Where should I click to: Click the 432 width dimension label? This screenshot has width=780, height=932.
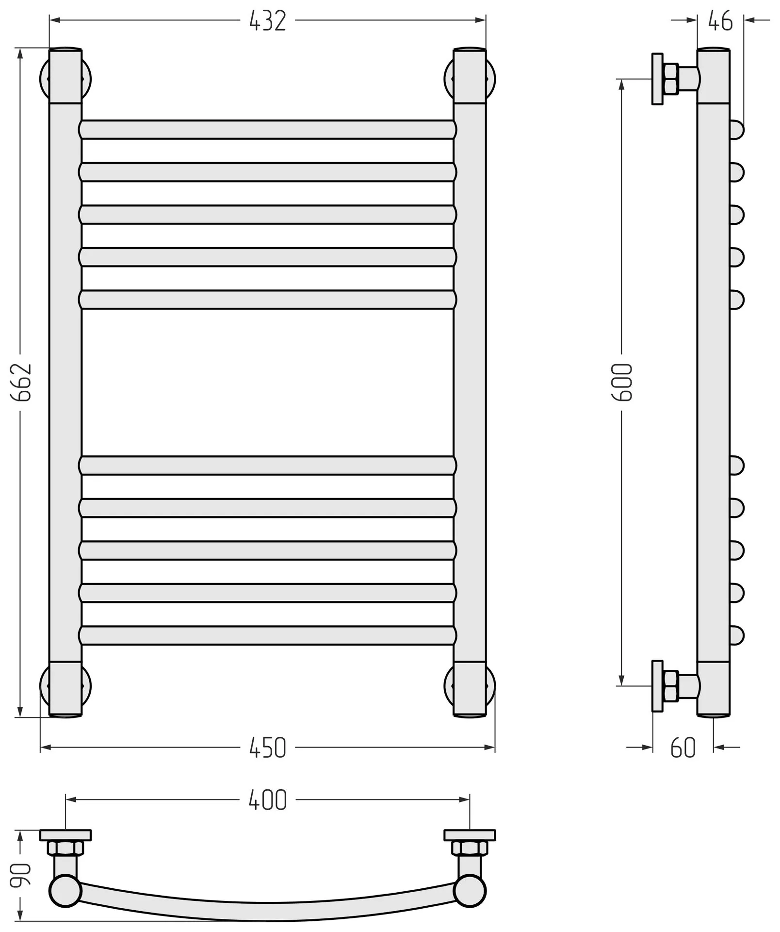(x=267, y=21)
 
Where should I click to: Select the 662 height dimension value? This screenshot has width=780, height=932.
(x=21, y=382)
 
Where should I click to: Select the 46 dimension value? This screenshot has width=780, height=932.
(x=720, y=21)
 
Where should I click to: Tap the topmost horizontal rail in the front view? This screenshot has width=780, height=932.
(x=267, y=130)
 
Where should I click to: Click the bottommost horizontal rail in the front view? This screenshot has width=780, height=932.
(x=267, y=635)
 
